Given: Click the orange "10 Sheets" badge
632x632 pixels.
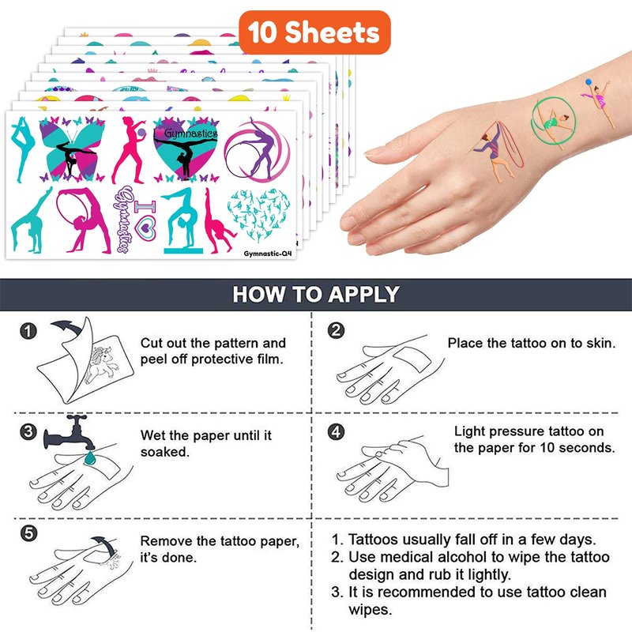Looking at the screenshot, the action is coord(314,32).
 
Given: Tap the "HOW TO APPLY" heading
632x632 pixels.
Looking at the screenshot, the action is coord(316,294).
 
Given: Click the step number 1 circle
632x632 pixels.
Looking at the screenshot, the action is coord(28,331).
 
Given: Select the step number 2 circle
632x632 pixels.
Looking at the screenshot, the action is coord(337,330).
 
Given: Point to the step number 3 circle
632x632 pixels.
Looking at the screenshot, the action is coord(28,431).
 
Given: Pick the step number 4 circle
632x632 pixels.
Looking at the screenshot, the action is coord(337,431).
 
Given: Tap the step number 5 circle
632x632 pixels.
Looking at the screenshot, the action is coord(28,533).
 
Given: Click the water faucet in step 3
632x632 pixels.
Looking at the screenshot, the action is coord(70,433).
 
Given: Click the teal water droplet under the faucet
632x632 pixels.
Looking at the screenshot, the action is coord(90,458).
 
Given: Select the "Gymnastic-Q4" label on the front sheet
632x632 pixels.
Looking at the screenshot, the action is coord(267,254).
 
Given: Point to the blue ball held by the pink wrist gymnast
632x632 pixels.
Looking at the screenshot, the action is coord(589,82).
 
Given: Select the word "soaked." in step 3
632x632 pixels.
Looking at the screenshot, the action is coord(165,452).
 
